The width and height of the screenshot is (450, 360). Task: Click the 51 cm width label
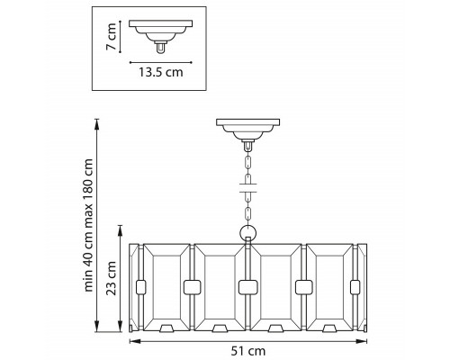pos(248,351)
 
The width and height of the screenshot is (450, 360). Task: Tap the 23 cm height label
pos(112,278)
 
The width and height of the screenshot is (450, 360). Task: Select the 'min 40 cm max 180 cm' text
pos(88,225)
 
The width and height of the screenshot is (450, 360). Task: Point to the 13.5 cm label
pos(161,72)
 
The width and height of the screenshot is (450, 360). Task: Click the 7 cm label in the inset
pos(112,36)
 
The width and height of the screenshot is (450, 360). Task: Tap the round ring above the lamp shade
pos(248,233)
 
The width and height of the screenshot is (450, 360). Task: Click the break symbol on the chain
pos(248,187)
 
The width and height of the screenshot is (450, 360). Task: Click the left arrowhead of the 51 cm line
pos(134,341)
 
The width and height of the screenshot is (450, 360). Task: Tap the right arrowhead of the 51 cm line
pos(363,341)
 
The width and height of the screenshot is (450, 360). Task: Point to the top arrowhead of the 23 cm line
pos(121,229)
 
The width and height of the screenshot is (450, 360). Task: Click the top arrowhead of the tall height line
pos(96,124)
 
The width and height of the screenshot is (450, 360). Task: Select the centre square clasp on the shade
pos(248,287)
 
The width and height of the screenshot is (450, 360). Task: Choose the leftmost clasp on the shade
pos(141,287)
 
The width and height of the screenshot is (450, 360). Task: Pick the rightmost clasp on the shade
pos(355,287)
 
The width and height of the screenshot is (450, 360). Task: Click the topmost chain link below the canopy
pos(248,163)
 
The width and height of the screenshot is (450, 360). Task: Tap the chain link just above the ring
pos(248,214)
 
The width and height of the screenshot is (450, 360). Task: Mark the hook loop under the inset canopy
pos(161,48)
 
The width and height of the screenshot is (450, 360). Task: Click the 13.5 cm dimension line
pos(161,63)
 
